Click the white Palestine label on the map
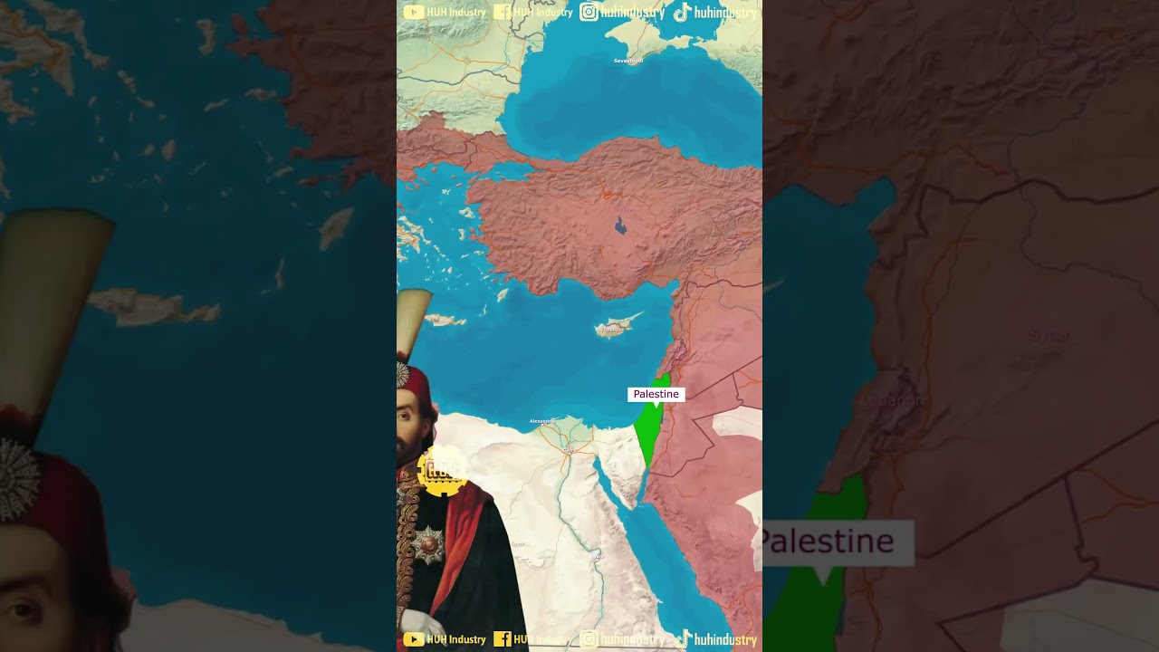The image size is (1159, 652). tap(656, 395)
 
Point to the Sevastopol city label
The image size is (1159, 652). tap(628, 61)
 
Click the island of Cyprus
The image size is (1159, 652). tap(613, 327)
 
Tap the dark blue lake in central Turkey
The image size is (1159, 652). tap(620, 225)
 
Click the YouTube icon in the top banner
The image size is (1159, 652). tap(414, 13)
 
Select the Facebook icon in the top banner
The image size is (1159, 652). tap(502, 13)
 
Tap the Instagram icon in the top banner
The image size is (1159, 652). tap(589, 13)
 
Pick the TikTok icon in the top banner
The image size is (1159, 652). tap(682, 13)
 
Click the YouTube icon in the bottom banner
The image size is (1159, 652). tap(414, 639)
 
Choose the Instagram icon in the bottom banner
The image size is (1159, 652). tap(589, 639)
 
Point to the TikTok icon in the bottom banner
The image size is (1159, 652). tap(684, 639)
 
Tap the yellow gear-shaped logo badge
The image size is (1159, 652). tap(443, 471)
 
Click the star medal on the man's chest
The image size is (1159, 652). tap(428, 543)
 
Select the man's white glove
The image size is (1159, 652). tap(422, 623)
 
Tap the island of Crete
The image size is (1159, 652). tap(444, 320)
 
